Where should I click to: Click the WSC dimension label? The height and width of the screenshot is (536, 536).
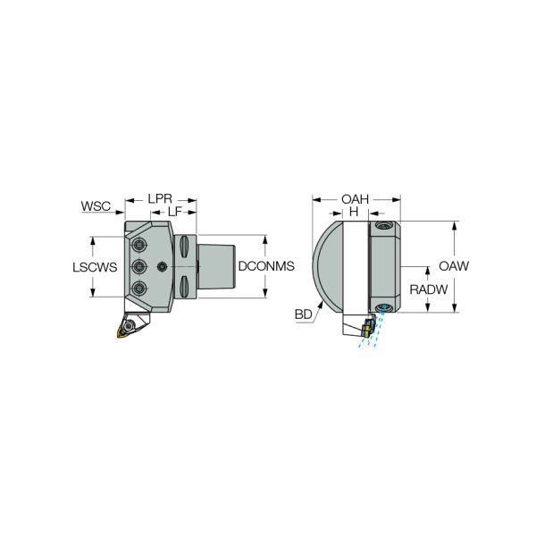click(96, 206)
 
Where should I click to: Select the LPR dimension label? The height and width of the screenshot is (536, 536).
click(160, 198)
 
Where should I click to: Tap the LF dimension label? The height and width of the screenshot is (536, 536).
click(175, 212)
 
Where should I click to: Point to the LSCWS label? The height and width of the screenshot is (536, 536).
click(95, 267)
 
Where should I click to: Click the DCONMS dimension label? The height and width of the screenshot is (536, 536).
click(266, 266)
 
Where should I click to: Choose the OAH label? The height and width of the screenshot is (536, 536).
click(356, 199)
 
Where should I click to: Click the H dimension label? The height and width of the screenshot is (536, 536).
click(354, 212)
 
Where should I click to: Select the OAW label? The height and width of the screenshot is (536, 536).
click(454, 266)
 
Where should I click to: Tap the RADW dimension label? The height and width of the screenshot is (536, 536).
click(429, 289)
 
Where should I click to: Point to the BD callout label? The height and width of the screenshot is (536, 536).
click(303, 314)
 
